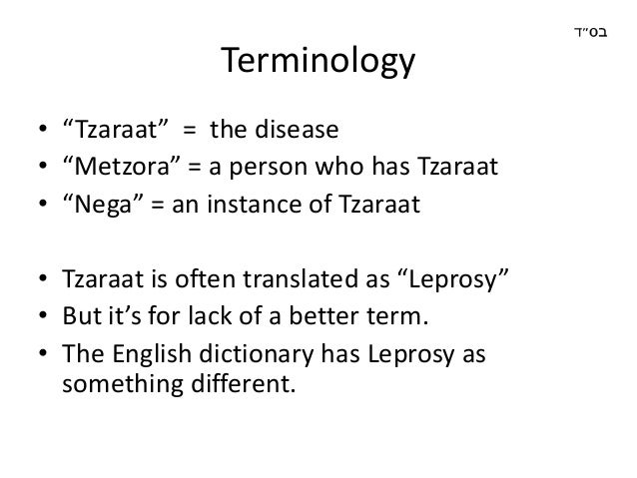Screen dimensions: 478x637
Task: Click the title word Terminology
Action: (317, 66)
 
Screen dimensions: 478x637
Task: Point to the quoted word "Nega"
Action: (95, 207)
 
